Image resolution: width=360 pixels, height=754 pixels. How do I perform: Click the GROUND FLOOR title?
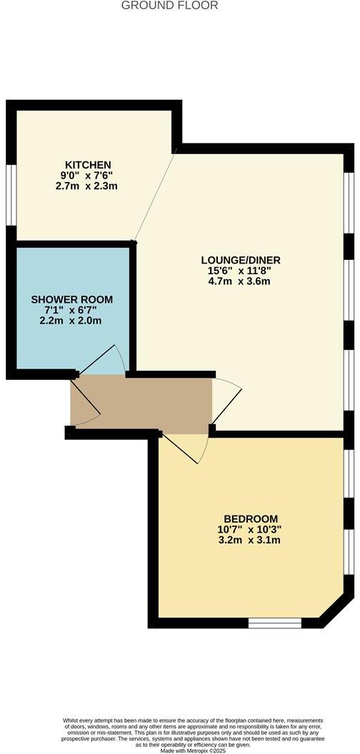click(x=170, y=6)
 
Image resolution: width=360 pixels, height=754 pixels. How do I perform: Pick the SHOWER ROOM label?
click(x=71, y=299)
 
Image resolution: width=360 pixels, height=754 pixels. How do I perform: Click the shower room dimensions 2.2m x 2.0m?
click(x=71, y=321)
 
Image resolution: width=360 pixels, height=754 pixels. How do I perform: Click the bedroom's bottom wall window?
click(x=274, y=623)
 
